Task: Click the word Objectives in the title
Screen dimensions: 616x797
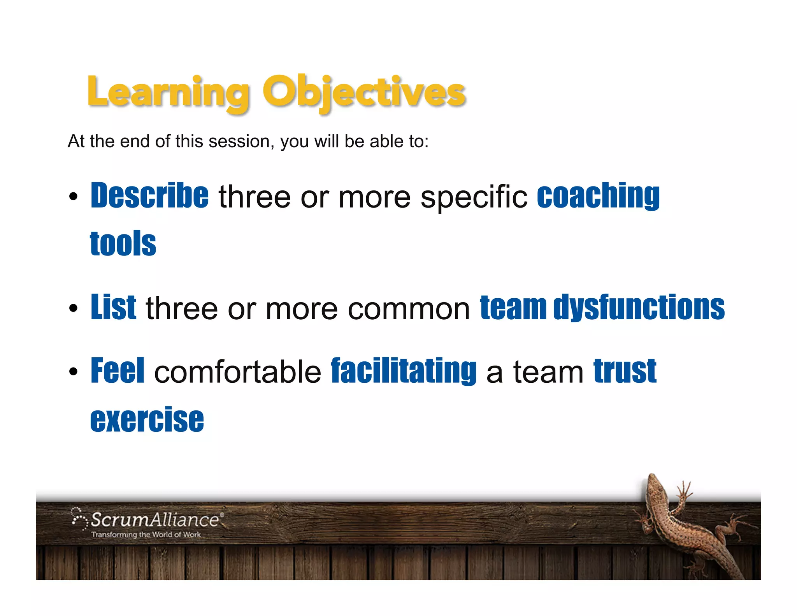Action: (364, 93)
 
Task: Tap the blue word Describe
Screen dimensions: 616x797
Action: (150, 195)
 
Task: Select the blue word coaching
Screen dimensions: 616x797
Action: (598, 195)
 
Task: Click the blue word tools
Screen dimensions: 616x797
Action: (123, 244)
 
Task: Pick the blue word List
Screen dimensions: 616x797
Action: (113, 308)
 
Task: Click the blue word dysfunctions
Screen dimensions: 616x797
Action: (639, 308)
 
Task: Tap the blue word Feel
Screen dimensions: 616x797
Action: (118, 371)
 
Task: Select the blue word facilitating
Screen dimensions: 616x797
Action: (404, 371)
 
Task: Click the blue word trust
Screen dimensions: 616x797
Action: (625, 371)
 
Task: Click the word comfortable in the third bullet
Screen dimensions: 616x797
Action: (238, 372)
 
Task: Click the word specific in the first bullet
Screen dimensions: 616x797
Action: (474, 197)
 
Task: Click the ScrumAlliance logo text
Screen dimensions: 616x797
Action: (155, 520)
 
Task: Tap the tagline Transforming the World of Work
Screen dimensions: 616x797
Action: (146, 535)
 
